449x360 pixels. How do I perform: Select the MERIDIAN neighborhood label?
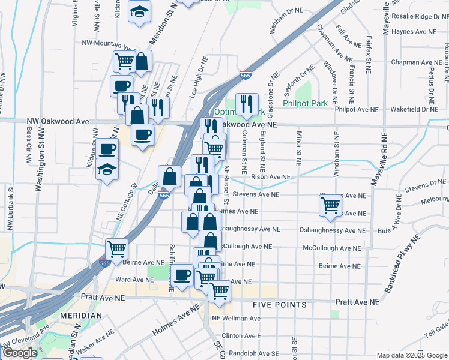(80, 315)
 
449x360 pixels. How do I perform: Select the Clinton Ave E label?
(241, 336)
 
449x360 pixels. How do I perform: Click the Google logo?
(20, 353)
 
